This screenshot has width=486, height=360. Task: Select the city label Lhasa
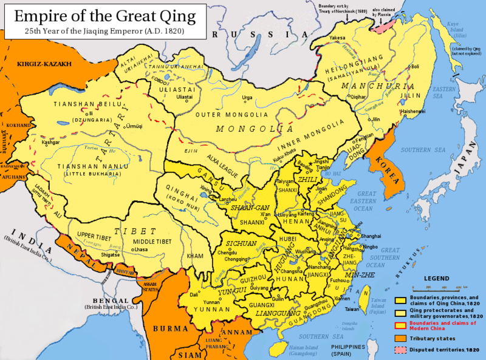click(140, 250)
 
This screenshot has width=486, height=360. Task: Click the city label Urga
click(247, 97)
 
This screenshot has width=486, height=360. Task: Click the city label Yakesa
click(337, 38)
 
